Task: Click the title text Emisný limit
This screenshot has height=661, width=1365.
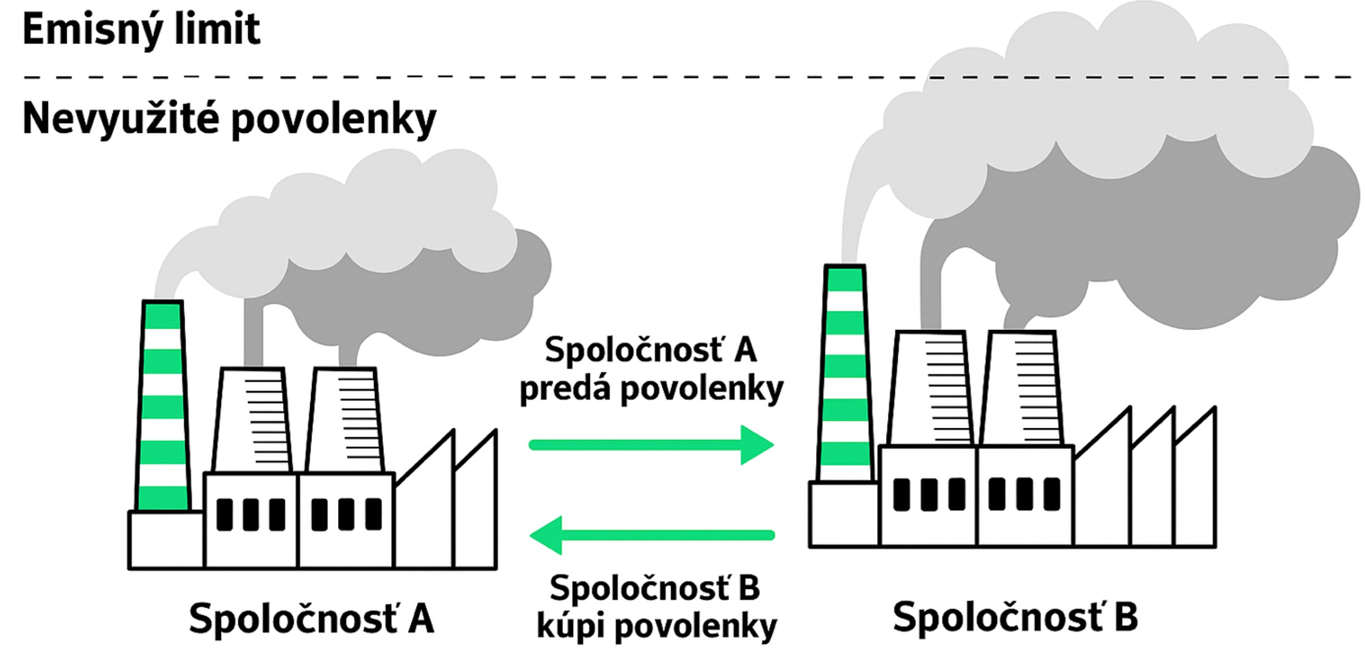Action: click(x=141, y=29)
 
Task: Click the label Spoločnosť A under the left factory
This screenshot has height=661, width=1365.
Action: click(x=311, y=618)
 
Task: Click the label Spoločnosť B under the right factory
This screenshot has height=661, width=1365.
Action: click(x=1015, y=617)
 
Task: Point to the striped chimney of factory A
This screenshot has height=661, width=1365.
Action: click(x=162, y=405)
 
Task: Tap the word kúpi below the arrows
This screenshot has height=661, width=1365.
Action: click(x=570, y=627)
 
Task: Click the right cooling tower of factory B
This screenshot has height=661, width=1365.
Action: click(x=1023, y=389)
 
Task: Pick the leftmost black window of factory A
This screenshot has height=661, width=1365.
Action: click(x=225, y=515)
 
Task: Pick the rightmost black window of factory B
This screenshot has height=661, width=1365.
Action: click(x=1052, y=494)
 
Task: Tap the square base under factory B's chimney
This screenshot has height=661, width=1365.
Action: click(x=844, y=514)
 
